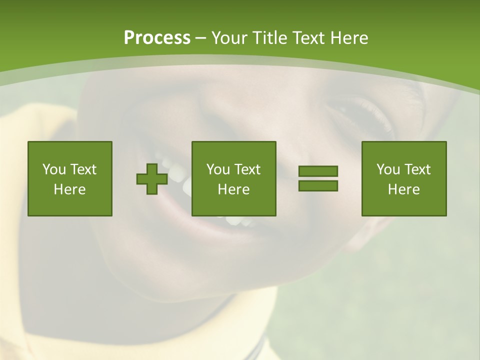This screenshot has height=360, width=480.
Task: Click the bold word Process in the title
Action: pyautogui.click(x=157, y=38)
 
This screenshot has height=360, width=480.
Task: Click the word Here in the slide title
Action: pyautogui.click(x=350, y=38)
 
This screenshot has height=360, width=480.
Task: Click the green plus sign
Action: pyautogui.click(x=151, y=179)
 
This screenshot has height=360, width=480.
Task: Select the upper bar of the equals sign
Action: pyautogui.click(x=318, y=171)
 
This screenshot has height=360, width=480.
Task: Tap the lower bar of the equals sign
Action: pyautogui.click(x=318, y=185)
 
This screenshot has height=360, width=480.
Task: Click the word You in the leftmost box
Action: pyautogui.click(x=54, y=169)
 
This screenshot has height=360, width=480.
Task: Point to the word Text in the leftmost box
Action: pyautogui.click(x=83, y=169)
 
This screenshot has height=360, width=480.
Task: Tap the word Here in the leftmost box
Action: pyautogui.click(x=69, y=189)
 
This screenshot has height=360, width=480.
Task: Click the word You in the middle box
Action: pyautogui.click(x=218, y=169)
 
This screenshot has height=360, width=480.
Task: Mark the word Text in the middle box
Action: pyautogui.click(x=247, y=169)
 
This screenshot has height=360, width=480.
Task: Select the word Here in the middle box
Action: pyautogui.click(x=233, y=189)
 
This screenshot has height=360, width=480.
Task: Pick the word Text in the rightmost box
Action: pyautogui.click(x=417, y=169)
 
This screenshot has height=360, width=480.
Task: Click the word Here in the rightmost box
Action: pyautogui.click(x=403, y=189)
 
